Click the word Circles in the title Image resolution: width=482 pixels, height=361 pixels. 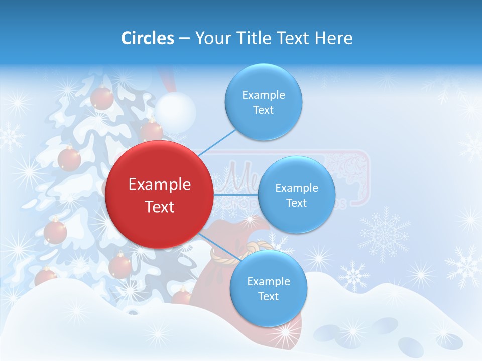148,38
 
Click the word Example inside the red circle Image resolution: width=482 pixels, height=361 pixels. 160,184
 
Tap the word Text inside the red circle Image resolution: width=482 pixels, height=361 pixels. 160,207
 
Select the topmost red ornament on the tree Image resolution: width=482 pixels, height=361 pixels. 102,97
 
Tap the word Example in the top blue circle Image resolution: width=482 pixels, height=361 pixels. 264,95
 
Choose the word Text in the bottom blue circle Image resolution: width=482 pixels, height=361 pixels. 268,296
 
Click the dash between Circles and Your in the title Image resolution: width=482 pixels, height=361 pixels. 184,38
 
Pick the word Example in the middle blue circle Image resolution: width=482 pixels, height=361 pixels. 297,188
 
